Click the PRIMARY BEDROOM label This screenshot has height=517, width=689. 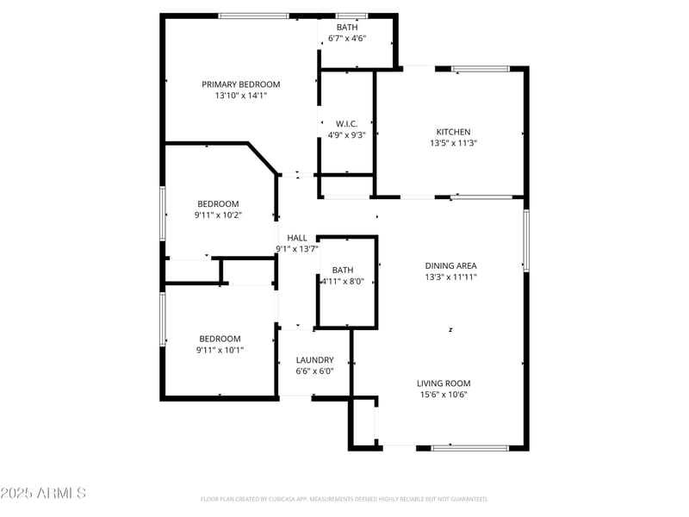tap(241, 84)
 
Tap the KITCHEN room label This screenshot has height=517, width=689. tap(453, 132)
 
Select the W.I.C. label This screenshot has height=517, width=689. tap(347, 123)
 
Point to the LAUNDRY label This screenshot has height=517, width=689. tap(314, 360)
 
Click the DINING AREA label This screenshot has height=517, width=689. tap(450, 265)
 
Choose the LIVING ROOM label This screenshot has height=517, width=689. tap(444, 383)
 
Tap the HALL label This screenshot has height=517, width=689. tap(297, 238)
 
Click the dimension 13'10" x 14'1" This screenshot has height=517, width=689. tap(241, 96)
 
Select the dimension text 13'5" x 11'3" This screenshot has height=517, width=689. tap(453, 144)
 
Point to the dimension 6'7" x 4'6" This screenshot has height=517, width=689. tap(347, 38)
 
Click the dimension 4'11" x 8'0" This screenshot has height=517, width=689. tap(343, 281)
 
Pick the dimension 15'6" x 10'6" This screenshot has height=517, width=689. tap(444, 395)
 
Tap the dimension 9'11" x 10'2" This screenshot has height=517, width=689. tap(219, 215)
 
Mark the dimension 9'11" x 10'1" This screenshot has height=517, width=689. tap(220, 350)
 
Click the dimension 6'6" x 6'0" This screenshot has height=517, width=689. tap(314, 371)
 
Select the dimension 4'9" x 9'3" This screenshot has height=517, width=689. tap(347, 134)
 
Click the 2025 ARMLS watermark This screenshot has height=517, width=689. tap(43, 493)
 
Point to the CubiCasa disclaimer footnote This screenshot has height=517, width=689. tap(344, 499)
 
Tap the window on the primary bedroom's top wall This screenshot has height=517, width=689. tap(253, 16)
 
